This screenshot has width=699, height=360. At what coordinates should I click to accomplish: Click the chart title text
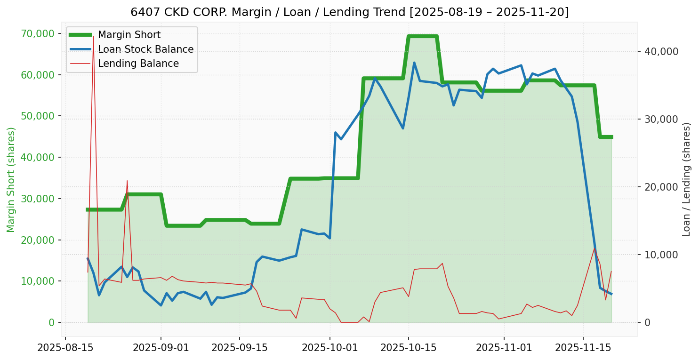(349, 12)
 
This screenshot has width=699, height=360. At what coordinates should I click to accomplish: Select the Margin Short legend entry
(129, 35)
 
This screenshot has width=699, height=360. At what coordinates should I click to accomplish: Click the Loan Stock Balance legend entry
(145, 49)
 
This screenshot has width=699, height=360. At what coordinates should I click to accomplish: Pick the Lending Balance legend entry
(138, 64)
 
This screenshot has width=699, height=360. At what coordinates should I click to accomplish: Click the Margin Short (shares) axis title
(11, 180)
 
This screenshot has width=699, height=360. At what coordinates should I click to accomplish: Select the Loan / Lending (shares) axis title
(686, 180)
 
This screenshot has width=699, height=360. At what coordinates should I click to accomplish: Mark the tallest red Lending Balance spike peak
(93, 36)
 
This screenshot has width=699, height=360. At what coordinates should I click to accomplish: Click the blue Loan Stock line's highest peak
(414, 63)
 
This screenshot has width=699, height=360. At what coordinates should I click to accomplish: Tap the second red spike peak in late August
(127, 181)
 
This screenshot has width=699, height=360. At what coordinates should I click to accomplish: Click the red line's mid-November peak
(595, 248)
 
